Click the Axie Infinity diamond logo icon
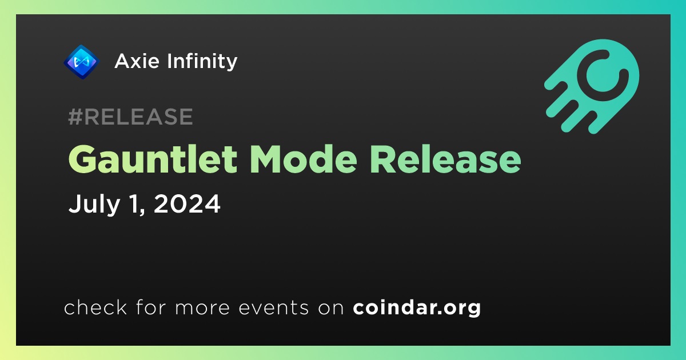point(81,62)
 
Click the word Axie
point(137,61)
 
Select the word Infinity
point(202,62)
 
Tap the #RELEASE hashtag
point(130,117)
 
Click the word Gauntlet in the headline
point(153,159)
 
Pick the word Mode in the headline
point(304,159)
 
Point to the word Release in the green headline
point(445,159)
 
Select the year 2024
point(187,204)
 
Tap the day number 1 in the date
point(135,204)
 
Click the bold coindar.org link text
point(417,307)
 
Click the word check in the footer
point(95,307)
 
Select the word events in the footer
point(274,307)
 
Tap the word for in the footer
point(151,307)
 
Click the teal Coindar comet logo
point(592,86)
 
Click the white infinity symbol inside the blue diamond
point(81,62)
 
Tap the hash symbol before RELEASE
point(75,117)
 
